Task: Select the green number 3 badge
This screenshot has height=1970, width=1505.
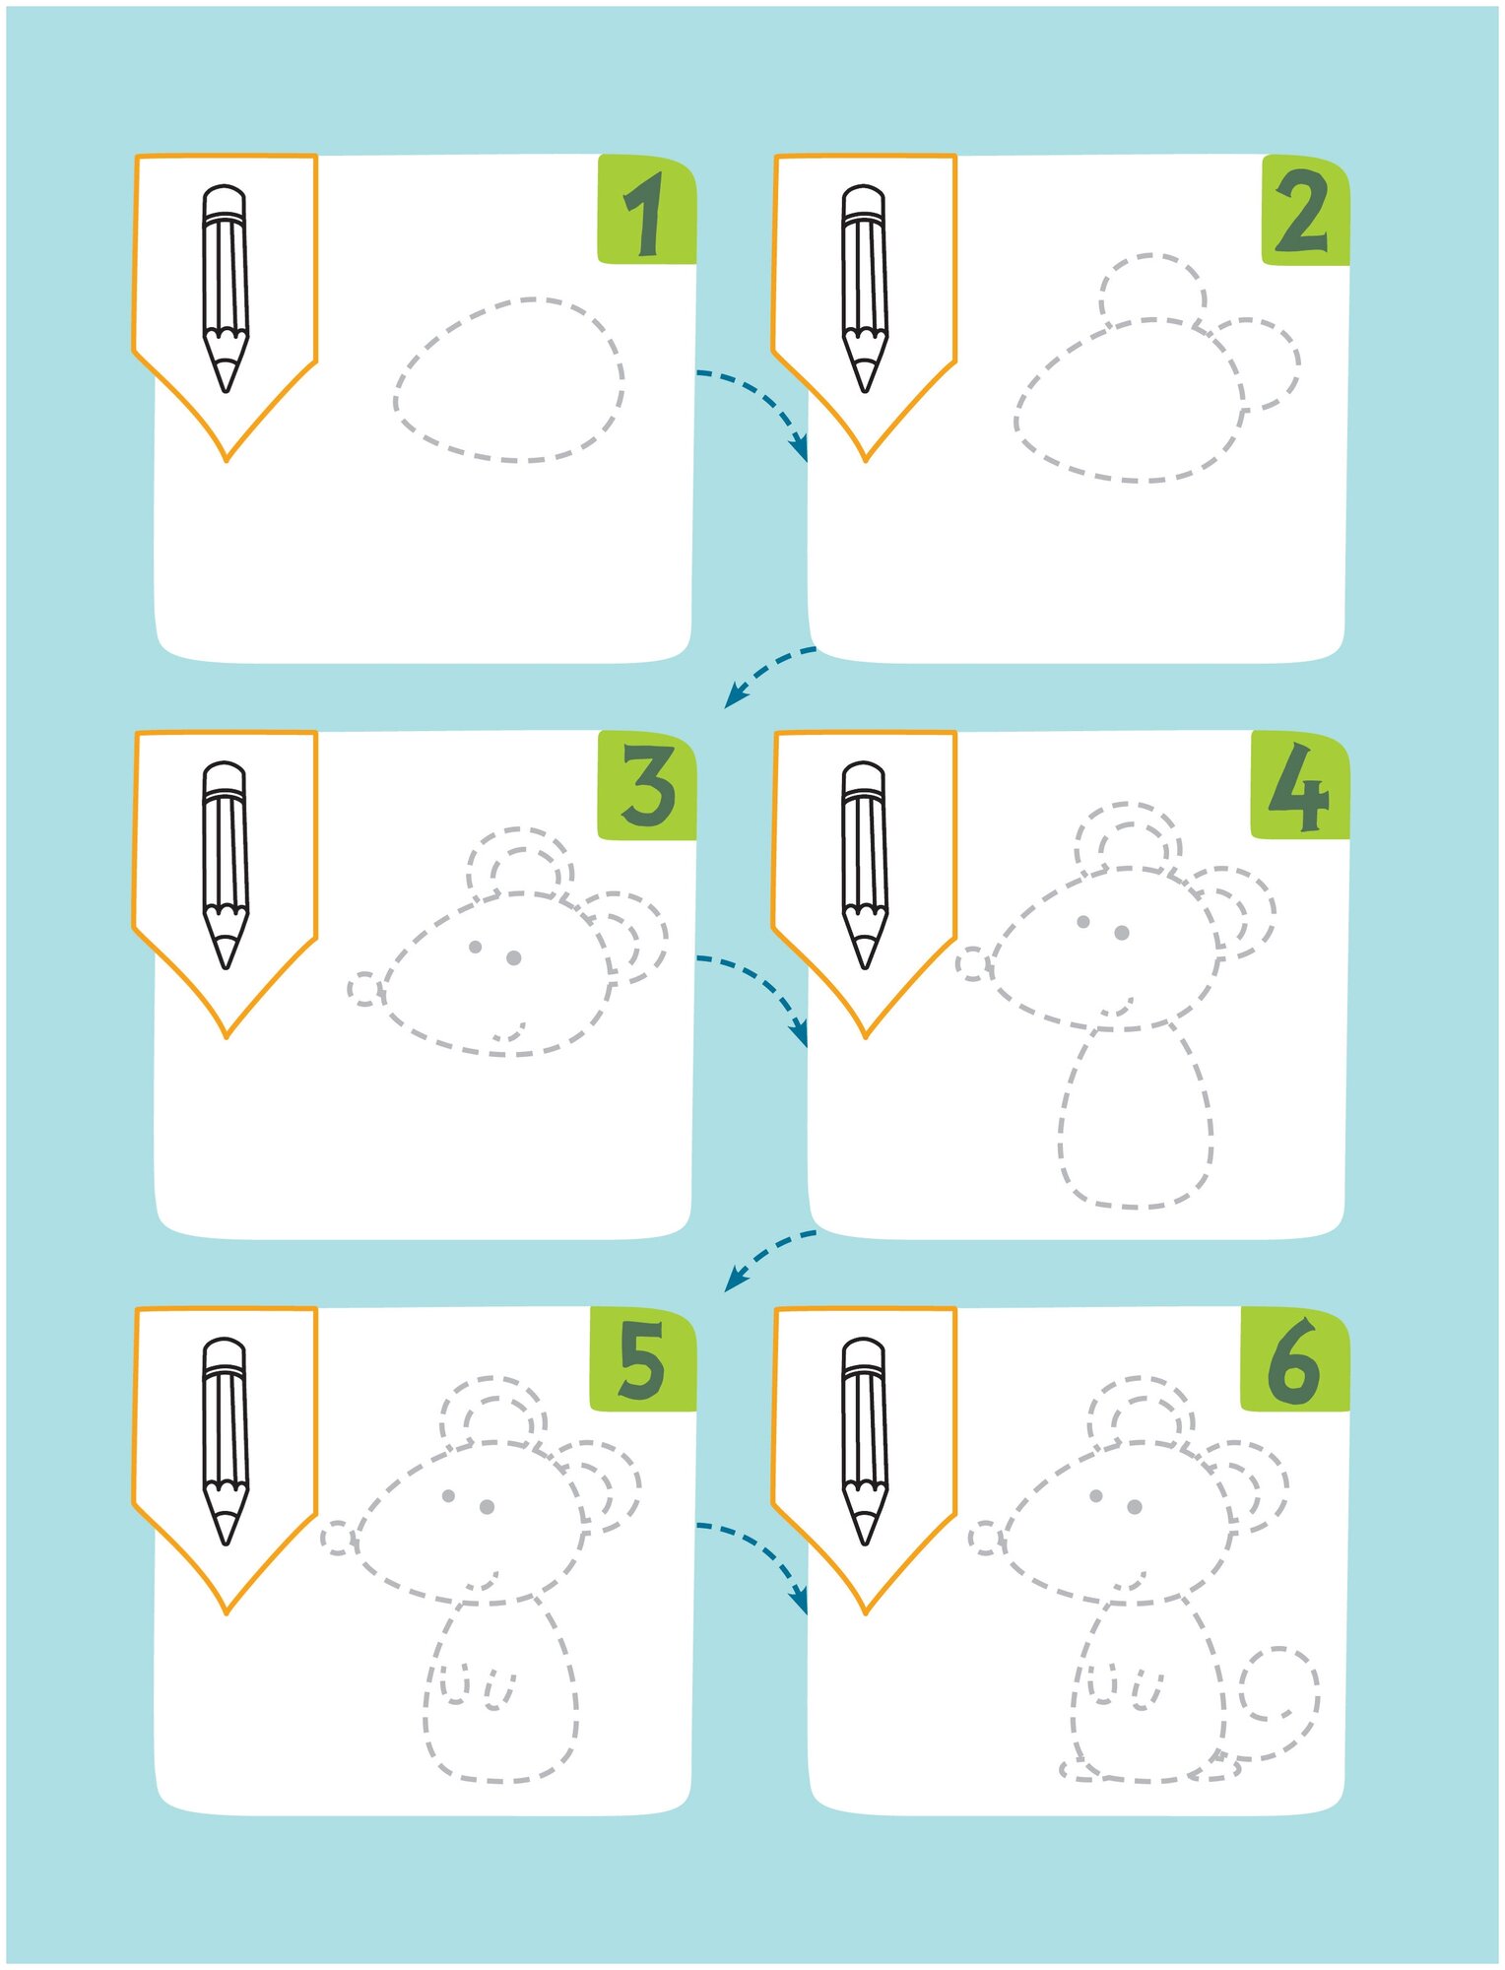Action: coord(647,787)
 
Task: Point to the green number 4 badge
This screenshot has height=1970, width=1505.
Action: coord(1299,787)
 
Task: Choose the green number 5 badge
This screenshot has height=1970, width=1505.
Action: coord(642,1361)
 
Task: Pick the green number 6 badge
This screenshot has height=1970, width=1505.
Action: coord(1293,1363)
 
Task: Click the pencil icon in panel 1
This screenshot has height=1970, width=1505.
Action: coord(226,288)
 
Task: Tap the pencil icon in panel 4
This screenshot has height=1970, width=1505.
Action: coord(865,864)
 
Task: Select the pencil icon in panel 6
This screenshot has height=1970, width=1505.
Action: coord(865,1440)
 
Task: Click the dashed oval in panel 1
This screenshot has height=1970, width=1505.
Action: coord(509,379)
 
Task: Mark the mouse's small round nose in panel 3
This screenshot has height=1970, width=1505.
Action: coord(364,988)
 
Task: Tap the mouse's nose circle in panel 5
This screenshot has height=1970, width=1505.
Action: coord(337,1539)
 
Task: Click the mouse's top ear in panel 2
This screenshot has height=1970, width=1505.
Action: coord(1151,288)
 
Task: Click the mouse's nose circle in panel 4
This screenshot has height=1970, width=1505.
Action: coord(973,964)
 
